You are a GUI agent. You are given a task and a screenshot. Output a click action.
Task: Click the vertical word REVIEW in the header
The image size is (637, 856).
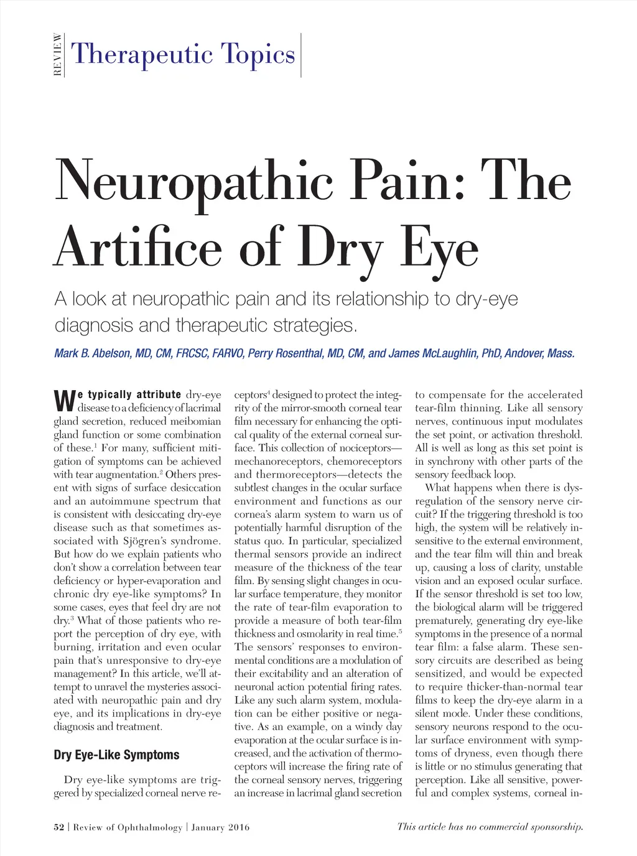[58, 54]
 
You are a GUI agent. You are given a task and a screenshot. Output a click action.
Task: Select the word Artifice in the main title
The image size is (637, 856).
[138, 248]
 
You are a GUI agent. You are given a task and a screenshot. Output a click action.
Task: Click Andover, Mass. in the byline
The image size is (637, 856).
[539, 353]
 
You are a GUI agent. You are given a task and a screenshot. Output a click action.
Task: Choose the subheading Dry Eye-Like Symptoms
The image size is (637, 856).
[116, 755]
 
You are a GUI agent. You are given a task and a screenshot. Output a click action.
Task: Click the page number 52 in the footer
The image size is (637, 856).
[59, 827]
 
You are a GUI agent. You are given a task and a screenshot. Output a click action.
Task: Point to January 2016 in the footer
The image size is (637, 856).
[220, 827]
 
